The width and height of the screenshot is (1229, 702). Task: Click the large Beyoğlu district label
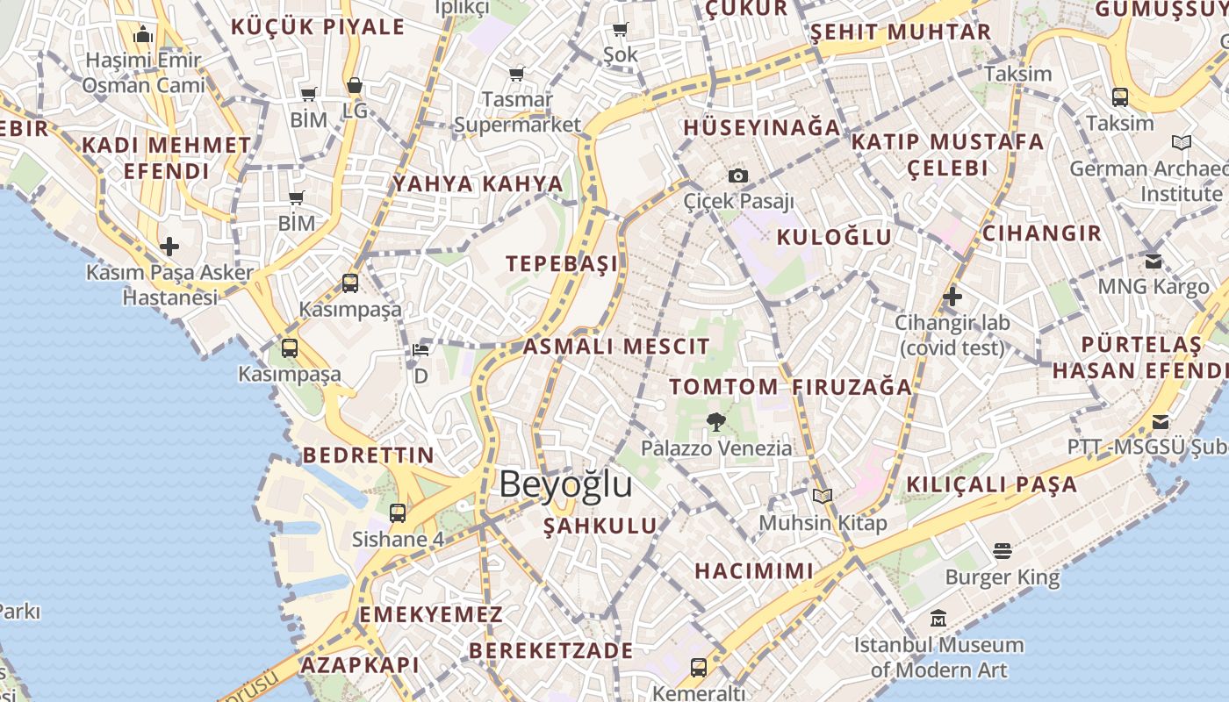[565, 484]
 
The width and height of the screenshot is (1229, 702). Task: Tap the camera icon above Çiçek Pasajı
[738, 175]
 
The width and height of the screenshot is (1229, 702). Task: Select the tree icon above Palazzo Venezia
[716, 422]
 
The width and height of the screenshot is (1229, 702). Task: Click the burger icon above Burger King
[1003, 551]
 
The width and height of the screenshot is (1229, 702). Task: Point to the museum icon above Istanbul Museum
[938, 619]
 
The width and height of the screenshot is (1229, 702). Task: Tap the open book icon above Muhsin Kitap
[823, 497]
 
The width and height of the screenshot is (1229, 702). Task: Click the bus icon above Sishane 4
[398, 513]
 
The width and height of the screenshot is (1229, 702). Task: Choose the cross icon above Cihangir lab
[952, 297]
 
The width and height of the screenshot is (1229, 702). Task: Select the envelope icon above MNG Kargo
[1154, 261]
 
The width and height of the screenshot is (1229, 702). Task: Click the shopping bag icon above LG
[355, 86]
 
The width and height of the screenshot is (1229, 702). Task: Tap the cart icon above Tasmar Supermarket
[517, 74]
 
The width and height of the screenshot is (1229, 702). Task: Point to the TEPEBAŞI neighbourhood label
[562, 263]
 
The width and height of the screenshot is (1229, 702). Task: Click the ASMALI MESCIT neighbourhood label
[616, 347]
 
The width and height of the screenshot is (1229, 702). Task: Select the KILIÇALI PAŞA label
[991, 484]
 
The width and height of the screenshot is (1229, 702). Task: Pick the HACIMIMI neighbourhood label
[754, 571]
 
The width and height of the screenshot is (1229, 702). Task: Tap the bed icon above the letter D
[421, 351]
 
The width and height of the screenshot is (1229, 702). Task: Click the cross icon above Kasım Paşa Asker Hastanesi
[169, 247]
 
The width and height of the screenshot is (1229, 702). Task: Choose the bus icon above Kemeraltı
[699, 667]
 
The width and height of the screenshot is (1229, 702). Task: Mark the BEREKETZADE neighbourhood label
[550, 651]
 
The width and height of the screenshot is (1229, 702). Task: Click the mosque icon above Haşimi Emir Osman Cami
[143, 36]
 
